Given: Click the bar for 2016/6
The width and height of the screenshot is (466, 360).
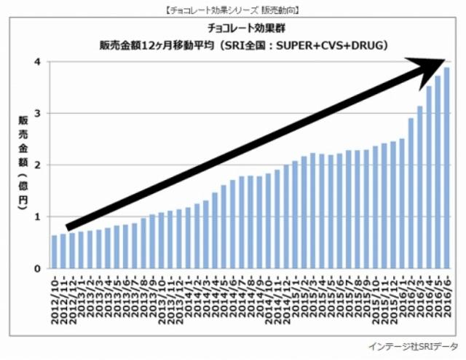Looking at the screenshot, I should [x=446, y=168].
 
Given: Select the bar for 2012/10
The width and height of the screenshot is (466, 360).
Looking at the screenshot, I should [x=55, y=251].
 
